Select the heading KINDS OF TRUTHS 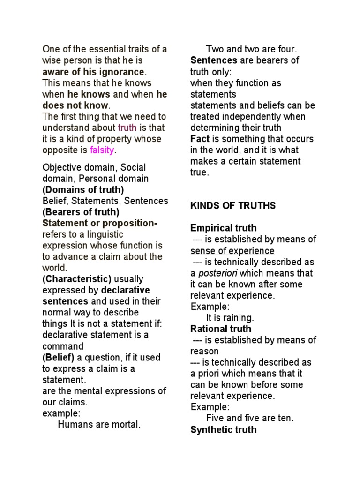(x=233, y=206)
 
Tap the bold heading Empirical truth (x=223, y=228)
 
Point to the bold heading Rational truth (x=220, y=329)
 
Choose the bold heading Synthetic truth (x=223, y=430)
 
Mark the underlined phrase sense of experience (x=232, y=251)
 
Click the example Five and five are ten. (x=249, y=419)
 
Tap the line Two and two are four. (x=252, y=49)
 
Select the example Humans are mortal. (x=99, y=425)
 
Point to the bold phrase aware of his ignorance (x=94, y=72)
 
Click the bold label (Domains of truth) (x=83, y=190)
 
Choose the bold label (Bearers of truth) (x=81, y=212)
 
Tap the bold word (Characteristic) (x=77, y=279)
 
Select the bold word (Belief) (x=59, y=358)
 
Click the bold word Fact (x=200, y=139)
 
